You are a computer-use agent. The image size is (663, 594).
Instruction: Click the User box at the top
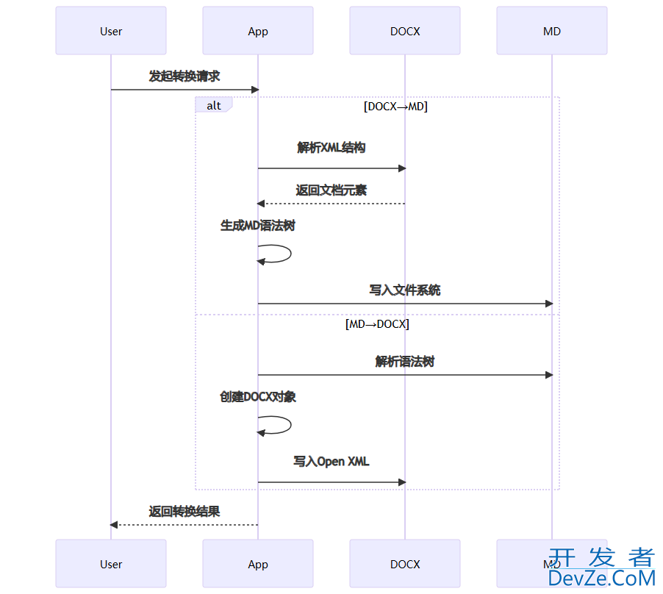tap(111, 31)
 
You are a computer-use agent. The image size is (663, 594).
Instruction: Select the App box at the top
tap(258, 31)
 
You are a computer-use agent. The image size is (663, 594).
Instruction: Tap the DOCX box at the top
tap(405, 31)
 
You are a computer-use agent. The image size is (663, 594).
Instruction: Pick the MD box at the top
tap(552, 31)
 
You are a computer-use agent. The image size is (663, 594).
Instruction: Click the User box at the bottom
tap(111, 564)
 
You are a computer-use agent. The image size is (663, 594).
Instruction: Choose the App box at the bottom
tap(258, 564)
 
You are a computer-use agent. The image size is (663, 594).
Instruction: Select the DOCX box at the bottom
tap(405, 564)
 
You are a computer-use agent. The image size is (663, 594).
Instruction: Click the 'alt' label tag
tap(213, 105)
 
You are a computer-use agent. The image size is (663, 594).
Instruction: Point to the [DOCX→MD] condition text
tap(395, 106)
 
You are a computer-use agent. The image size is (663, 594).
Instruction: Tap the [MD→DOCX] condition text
tap(377, 323)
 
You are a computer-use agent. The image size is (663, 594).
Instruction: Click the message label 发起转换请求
tap(184, 76)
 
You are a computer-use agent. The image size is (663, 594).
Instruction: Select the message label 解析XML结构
tap(331, 148)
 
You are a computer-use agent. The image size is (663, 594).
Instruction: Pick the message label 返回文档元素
tap(331, 190)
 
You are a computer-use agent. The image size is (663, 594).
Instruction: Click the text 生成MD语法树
tap(258, 226)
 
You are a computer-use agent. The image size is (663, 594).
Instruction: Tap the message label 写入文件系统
tap(405, 290)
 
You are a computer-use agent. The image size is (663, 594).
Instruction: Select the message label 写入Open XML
tap(331, 462)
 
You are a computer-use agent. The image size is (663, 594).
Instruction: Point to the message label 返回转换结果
tap(184, 512)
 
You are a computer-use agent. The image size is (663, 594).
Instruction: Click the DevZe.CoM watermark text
tap(601, 579)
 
